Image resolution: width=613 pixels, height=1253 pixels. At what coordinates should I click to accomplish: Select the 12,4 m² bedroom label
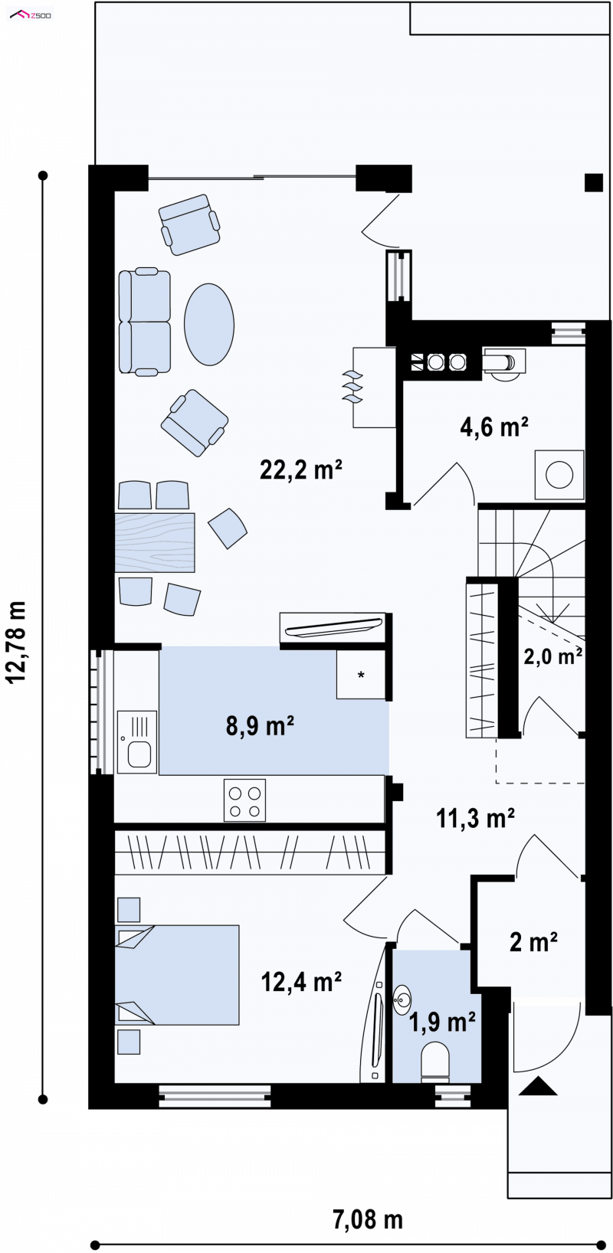pos(302,981)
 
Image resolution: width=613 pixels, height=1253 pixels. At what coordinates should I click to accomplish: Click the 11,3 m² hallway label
pos(475,818)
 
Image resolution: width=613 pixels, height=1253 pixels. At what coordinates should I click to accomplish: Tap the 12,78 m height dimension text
pos(17,642)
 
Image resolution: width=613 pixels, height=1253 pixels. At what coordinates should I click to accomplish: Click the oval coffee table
pos(209,325)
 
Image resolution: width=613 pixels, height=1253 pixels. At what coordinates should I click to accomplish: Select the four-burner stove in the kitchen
pos(244,800)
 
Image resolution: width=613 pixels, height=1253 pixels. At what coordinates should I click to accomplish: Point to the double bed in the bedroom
pos(177,975)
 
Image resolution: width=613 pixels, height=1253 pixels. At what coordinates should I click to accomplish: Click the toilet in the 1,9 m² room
pos(435,1059)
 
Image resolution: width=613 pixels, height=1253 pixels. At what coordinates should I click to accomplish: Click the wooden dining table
pos(155,542)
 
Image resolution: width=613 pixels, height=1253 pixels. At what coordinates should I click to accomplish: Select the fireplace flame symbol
pos(352,387)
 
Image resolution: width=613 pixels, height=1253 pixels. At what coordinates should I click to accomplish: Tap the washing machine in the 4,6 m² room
pos(559,475)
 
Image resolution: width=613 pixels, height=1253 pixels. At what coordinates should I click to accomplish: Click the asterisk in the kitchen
pos(361,676)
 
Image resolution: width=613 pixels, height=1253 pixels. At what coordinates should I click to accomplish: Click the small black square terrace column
pos(594,183)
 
